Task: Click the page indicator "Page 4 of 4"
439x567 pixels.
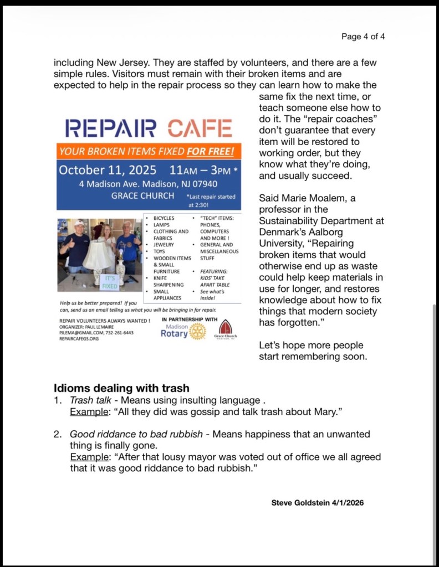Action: tap(363, 37)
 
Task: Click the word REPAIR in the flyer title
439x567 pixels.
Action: tap(110, 128)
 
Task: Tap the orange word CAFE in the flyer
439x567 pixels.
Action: tap(200, 128)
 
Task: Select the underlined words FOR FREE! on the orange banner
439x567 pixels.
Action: tap(210, 151)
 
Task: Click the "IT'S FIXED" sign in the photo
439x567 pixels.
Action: tap(110, 282)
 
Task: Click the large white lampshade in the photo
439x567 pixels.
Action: tap(99, 254)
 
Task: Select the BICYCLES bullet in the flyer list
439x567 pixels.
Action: tap(164, 219)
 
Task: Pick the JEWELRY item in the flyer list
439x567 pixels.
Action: tap(164, 244)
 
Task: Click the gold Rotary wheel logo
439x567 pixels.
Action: tap(197, 331)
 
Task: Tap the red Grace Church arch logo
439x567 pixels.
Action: tap(226, 327)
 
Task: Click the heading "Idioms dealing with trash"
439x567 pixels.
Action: tap(121, 388)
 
